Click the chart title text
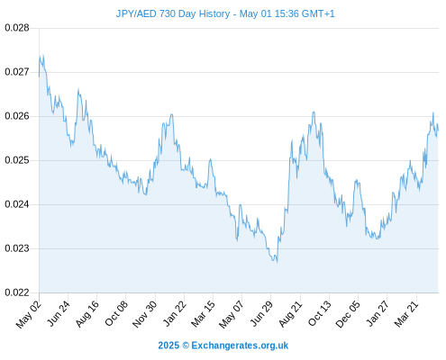pyautogui.click(x=225, y=13)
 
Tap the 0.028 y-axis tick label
pyautogui.click(x=17, y=28)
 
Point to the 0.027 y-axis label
pyautogui.click(x=17, y=72)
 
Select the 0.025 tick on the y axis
pyautogui.click(x=17, y=160)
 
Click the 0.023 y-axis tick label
pyautogui.click(x=17, y=248)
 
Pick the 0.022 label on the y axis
pyautogui.click(x=17, y=292)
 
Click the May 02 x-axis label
pyautogui.click(x=29, y=314)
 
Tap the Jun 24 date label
pyautogui.click(x=59, y=314)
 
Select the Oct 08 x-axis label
pyautogui.click(x=116, y=314)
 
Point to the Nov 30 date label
pyautogui.click(x=145, y=314)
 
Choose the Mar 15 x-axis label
pyautogui.click(x=204, y=314)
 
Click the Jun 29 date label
pyautogui.click(x=261, y=314)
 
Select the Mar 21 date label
pyautogui.click(x=406, y=314)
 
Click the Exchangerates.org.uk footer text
pyautogui.click(x=240, y=346)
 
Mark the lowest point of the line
pyautogui.click(x=277, y=262)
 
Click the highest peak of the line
pyautogui.click(x=43, y=55)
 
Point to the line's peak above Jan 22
pyautogui.click(x=171, y=114)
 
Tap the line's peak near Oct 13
pyautogui.click(x=314, y=112)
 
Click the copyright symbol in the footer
pyautogui.click(x=186, y=346)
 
